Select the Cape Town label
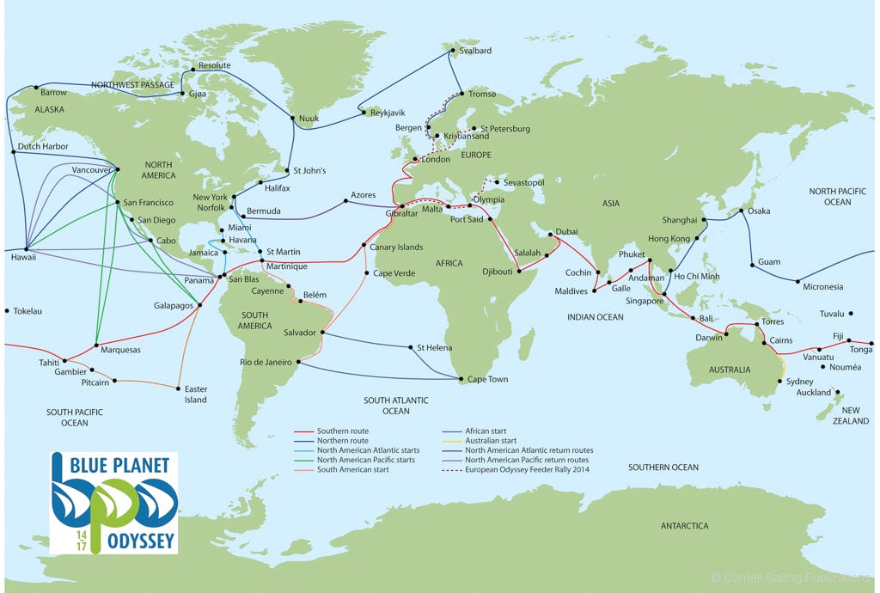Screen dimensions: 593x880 coord(488,379)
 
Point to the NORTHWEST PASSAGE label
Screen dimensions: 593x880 coord(132,85)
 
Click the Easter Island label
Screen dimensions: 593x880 coord(196,394)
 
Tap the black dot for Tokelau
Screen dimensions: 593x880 coord(7,310)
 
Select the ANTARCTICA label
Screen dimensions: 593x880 coord(684,525)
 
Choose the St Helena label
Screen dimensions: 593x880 coord(434,348)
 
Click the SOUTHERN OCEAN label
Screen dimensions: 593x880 coord(663,468)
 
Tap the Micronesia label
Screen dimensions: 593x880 coord(823,287)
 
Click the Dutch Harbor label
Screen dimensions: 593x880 coord(43,147)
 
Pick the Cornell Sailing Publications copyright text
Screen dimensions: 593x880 coord(795,577)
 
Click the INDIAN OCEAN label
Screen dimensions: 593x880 coord(596,317)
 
